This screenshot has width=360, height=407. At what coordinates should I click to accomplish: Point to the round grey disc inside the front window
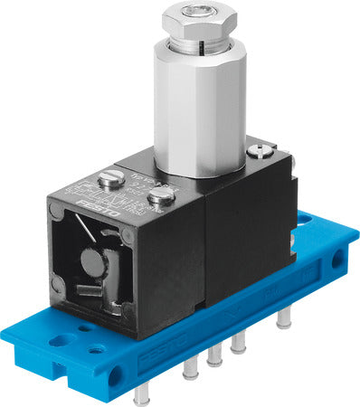pos(92,263)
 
